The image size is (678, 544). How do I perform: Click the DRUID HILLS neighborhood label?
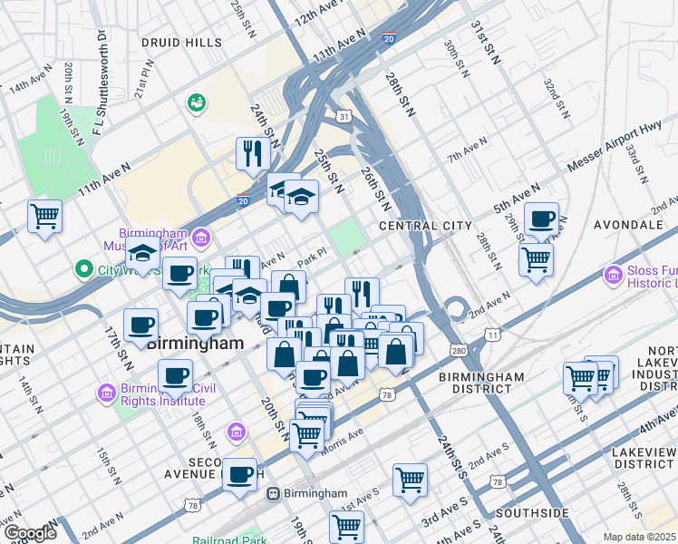(181, 43)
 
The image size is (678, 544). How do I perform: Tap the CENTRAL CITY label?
(425, 225)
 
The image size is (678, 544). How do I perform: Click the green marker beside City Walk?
(84, 269)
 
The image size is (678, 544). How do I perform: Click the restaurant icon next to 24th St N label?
(251, 154)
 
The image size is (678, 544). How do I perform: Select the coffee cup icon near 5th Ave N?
(541, 219)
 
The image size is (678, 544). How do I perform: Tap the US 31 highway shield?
(343, 117)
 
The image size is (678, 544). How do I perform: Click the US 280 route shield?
(459, 349)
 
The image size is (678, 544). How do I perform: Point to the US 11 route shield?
(491, 335)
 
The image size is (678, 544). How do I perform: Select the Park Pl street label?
(310, 258)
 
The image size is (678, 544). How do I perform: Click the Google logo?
(30, 533)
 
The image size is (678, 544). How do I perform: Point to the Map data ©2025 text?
(639, 537)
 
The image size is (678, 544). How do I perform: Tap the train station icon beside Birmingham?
(272, 494)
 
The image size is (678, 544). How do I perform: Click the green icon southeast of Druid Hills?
(195, 103)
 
